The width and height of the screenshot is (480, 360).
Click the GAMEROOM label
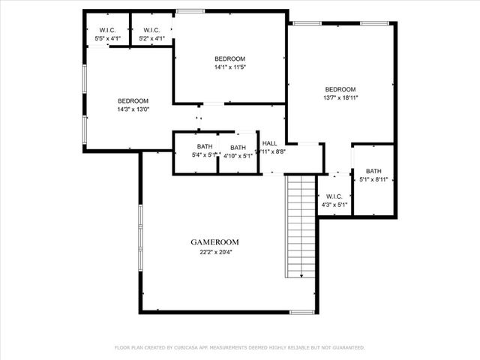(214, 242)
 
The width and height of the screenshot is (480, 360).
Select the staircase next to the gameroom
(301, 225)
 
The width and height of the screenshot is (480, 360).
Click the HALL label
(269, 142)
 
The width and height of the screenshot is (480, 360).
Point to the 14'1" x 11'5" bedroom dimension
(229, 67)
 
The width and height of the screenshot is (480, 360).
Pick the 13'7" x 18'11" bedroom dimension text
(341, 97)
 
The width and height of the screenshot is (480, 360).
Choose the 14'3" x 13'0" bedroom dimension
(133, 109)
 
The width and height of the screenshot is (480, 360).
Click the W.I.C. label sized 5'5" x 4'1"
(106, 30)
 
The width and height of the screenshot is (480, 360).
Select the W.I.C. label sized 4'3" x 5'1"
(334, 197)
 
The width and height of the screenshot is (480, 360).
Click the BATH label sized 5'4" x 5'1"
(205, 146)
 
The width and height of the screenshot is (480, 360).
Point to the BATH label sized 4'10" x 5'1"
(238, 148)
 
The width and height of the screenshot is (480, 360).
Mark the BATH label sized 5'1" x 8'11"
(373, 171)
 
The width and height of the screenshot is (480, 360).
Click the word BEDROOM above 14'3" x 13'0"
(133, 100)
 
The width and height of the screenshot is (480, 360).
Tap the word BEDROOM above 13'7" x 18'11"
(341, 88)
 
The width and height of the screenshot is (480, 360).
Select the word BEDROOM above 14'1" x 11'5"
(229, 58)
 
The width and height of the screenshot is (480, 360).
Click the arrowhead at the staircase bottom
(301, 275)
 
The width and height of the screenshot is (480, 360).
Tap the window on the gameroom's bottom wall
(301, 312)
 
